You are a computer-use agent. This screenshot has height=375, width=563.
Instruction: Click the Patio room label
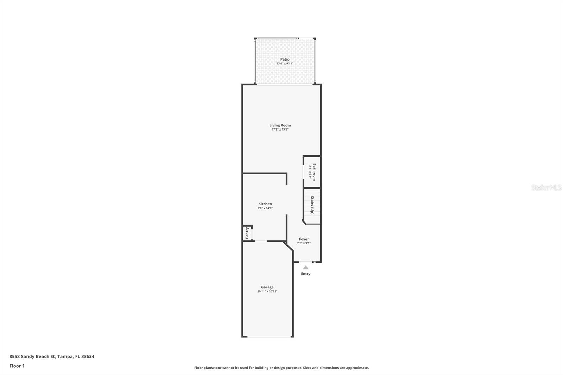(285, 59)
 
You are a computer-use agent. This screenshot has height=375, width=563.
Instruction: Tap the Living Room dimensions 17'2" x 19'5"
(280, 129)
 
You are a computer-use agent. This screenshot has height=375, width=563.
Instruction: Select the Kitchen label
(265, 204)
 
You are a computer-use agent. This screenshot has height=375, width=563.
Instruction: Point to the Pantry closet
(247, 233)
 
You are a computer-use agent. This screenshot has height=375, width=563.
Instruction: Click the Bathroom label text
(314, 172)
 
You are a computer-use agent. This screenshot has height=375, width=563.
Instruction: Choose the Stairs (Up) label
(312, 205)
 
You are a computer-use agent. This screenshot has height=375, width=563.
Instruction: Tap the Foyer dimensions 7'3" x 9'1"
(304, 243)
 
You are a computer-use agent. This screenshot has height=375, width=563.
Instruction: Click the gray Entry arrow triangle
(305, 268)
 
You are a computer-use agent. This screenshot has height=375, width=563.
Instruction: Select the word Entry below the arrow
(305, 274)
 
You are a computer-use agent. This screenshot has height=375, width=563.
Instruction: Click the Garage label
(267, 287)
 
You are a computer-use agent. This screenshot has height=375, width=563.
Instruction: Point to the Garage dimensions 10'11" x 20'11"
(267, 292)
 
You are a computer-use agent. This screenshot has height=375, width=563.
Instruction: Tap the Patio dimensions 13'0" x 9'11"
(285, 64)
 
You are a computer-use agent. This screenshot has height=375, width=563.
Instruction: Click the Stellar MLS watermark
(546, 188)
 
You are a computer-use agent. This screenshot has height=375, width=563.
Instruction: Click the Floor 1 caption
(17, 366)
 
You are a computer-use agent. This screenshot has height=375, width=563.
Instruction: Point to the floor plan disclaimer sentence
(281, 368)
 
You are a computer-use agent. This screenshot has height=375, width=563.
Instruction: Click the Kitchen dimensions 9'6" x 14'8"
(265, 208)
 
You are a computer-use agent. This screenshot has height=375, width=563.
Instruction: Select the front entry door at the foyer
(305, 262)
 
